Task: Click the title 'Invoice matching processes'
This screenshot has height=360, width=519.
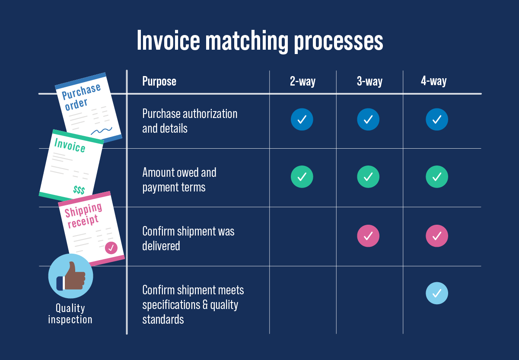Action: point(260,41)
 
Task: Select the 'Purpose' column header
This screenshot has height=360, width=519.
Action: point(159,81)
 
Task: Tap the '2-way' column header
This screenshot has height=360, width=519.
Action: point(302,81)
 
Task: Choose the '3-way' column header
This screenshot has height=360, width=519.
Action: point(369,81)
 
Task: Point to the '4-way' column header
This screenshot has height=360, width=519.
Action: point(433,81)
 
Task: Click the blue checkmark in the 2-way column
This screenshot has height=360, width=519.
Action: point(302,120)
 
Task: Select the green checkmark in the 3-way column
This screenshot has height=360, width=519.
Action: point(368,177)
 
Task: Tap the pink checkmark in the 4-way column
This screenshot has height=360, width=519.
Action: point(437,236)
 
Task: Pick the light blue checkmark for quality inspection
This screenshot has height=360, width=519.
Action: point(437,293)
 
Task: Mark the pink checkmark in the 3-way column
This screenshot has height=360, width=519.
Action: point(368,236)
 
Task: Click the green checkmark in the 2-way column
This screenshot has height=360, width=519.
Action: point(302,177)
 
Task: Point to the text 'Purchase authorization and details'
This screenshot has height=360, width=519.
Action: point(190,121)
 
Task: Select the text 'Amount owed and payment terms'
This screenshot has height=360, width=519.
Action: point(179,180)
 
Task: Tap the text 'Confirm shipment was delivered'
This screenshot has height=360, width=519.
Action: point(188,239)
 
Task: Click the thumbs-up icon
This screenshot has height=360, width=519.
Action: point(70,276)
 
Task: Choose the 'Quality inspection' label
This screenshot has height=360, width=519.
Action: point(70,314)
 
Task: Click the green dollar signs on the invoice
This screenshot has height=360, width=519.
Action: point(79,190)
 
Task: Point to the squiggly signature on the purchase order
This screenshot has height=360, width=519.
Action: point(102,130)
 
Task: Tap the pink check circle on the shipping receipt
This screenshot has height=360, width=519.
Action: point(111,248)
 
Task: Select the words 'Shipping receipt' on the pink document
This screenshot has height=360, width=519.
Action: point(84,216)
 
